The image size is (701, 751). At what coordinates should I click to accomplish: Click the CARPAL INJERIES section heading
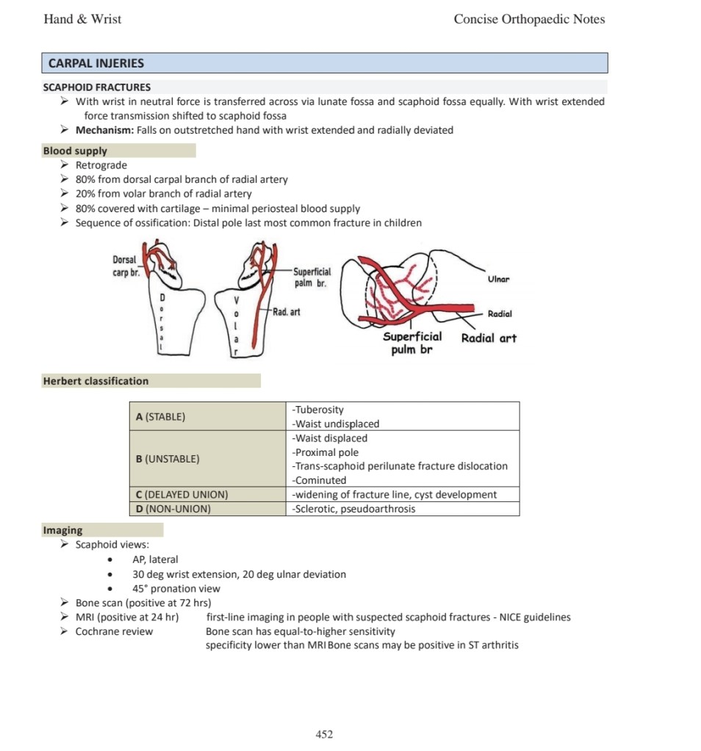point(96,63)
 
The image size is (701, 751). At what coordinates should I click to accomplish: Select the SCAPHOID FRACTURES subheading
point(97,87)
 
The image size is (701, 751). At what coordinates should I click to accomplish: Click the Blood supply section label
point(75,150)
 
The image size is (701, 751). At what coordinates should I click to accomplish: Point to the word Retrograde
point(101,165)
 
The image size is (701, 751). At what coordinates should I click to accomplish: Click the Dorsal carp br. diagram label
point(125,265)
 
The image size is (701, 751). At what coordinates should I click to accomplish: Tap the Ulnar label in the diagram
point(498,280)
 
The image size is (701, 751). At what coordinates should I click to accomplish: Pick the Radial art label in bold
point(489,338)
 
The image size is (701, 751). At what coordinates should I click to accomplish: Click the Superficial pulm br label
point(412,343)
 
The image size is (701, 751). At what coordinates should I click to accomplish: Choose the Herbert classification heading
point(96,381)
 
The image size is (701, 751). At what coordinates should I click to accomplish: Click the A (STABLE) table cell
point(160,417)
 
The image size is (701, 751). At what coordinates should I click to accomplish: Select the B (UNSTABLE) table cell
point(168,459)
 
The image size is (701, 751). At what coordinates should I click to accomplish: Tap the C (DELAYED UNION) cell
point(181,495)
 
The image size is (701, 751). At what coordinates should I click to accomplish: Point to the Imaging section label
point(63,530)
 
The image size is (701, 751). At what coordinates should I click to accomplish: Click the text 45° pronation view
point(176,589)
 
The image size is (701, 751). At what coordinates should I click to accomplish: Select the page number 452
point(324,734)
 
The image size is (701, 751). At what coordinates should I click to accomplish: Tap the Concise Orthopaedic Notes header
point(529,20)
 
